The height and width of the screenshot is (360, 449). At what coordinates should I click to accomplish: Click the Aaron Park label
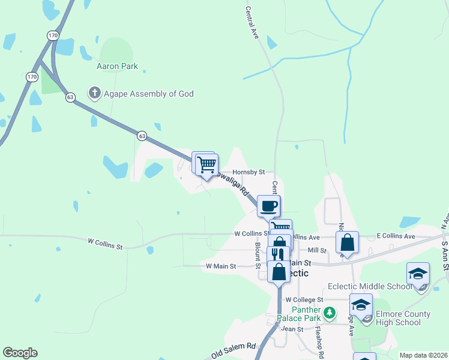pos(117,66)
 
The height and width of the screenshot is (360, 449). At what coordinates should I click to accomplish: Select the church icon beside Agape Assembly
pos(94,94)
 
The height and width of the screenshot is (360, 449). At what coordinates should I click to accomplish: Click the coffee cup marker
pos(268,206)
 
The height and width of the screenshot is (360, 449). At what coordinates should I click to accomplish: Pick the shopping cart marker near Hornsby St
pos(207,163)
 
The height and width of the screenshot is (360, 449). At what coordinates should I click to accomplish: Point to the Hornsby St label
pos(249,172)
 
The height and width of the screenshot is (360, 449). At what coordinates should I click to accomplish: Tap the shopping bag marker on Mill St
pos(347,242)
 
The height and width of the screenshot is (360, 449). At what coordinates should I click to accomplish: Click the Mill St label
pos(316,250)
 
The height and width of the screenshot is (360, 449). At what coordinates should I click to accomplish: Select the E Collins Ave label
pos(396,236)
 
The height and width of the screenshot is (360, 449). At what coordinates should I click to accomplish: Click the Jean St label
pos(292,329)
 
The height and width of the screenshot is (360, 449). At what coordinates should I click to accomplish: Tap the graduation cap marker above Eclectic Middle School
pos(418,274)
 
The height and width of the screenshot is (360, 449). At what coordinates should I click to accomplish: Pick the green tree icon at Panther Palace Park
pos(329,313)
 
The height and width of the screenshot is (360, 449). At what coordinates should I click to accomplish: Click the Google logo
pos(20,353)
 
